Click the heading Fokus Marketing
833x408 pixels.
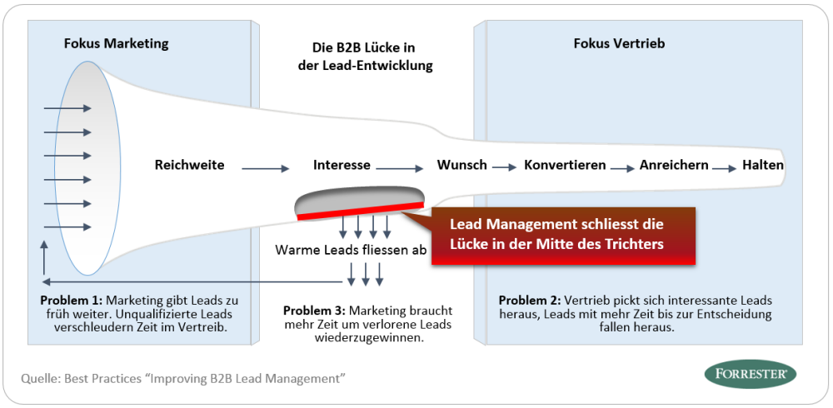[116, 43]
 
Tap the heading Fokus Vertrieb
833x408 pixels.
[619, 43]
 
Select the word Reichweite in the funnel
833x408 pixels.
[189, 165]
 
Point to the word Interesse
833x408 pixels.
[342, 165]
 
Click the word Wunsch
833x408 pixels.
[461, 165]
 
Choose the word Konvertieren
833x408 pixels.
[565, 165]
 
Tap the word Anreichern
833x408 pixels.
[674, 165]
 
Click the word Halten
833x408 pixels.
[762, 165]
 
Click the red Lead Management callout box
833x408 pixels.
[563, 235]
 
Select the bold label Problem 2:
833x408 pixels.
[529, 300]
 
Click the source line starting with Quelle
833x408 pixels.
[183, 379]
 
